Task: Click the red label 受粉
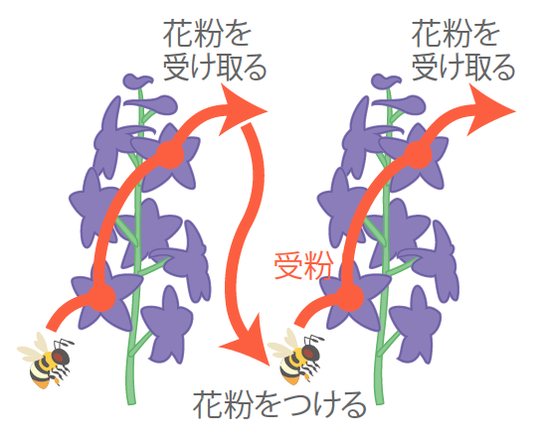(x=303, y=266)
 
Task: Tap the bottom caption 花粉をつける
(x=279, y=405)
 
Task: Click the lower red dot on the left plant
(x=101, y=297)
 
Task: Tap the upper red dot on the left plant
(x=170, y=154)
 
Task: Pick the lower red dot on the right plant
(x=350, y=297)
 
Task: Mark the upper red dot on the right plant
(x=418, y=154)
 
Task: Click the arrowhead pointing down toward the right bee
(x=249, y=342)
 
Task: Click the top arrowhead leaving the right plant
(x=488, y=109)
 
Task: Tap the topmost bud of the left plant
(x=137, y=80)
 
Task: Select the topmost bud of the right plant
(x=386, y=80)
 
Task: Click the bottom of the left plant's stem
(x=130, y=402)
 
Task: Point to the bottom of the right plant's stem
(x=380, y=402)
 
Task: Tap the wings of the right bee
(x=283, y=344)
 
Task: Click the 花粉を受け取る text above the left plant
(x=215, y=50)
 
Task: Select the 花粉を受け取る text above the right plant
(x=463, y=50)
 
